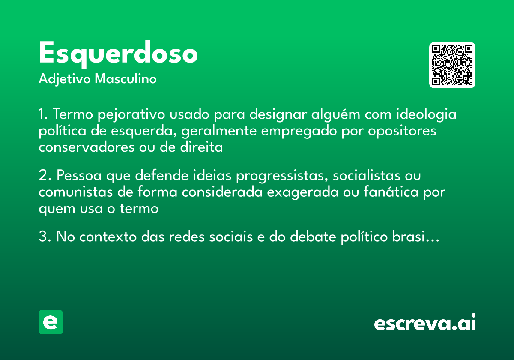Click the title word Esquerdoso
[x=118, y=54]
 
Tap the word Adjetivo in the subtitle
[x=65, y=79]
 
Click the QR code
[x=452, y=65]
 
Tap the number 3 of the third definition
[x=42, y=237]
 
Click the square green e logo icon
[x=51, y=322]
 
